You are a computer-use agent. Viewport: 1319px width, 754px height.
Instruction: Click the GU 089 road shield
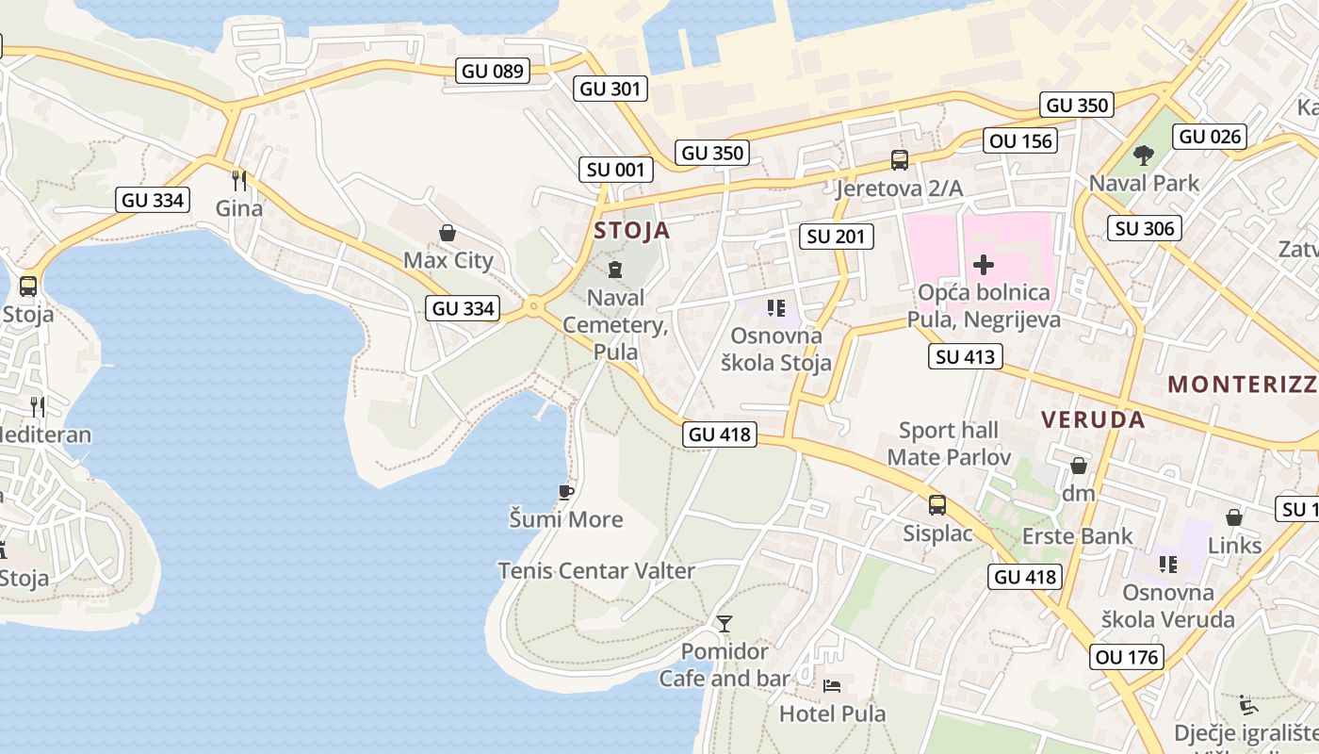click(x=493, y=71)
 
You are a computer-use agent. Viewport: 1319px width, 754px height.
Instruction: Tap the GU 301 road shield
click(x=610, y=89)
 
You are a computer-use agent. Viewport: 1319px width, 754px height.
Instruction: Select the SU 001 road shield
click(x=615, y=170)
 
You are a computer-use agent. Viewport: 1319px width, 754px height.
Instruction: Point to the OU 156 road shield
click(x=1021, y=141)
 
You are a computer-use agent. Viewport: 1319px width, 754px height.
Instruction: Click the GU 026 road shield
click(x=1211, y=136)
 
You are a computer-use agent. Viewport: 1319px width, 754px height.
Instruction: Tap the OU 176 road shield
click(x=1128, y=657)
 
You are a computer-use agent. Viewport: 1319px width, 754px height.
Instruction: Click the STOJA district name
click(x=632, y=231)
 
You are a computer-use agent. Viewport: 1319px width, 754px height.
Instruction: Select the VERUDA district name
click(x=1093, y=419)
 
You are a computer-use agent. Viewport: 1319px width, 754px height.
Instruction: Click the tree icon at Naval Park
click(x=1144, y=155)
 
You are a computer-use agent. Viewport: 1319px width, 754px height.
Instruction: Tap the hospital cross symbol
click(x=984, y=265)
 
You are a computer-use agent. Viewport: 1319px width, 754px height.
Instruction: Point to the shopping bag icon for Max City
click(x=448, y=232)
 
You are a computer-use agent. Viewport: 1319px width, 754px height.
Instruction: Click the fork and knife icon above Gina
click(x=239, y=179)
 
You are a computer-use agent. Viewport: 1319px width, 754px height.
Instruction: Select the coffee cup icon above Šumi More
click(x=565, y=492)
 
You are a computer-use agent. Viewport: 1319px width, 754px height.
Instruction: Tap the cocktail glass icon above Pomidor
click(x=724, y=623)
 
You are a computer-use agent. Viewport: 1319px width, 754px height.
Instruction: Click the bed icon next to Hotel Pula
click(x=832, y=685)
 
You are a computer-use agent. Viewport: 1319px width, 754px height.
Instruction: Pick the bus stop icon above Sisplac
click(x=937, y=505)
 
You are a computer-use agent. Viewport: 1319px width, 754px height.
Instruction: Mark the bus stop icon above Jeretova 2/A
click(x=900, y=160)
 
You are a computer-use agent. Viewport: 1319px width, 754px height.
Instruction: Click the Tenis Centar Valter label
click(x=596, y=570)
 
